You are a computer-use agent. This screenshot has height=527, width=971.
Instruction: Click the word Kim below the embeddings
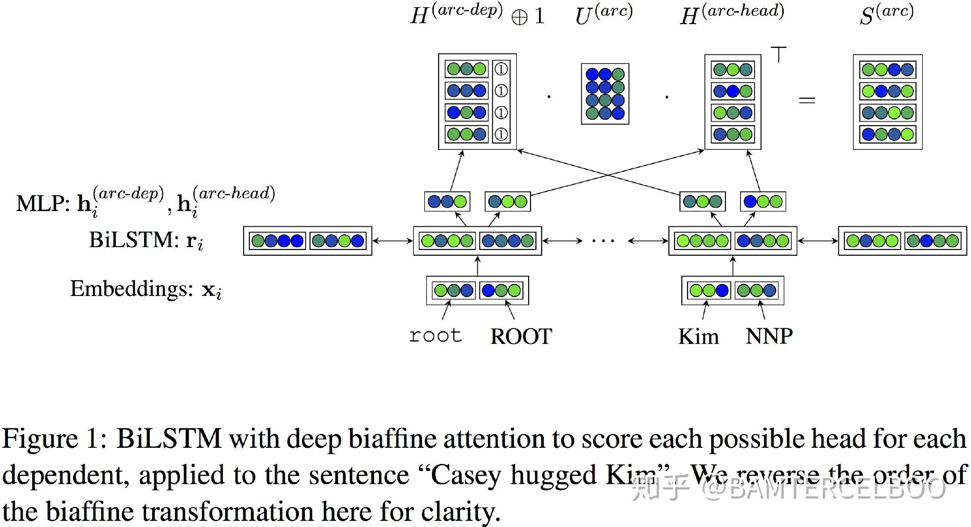(x=698, y=336)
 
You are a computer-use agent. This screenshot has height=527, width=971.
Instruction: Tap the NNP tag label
(x=769, y=336)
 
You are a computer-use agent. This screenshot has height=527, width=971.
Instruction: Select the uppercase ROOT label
(x=521, y=337)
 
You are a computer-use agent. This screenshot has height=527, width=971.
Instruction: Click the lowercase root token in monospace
(x=435, y=336)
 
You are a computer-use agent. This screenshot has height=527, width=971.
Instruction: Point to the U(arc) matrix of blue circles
(x=605, y=94)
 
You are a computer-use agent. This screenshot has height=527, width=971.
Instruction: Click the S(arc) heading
(x=886, y=15)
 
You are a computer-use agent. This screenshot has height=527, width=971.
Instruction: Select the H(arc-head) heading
(x=732, y=15)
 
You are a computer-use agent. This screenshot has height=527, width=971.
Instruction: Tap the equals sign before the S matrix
(x=806, y=100)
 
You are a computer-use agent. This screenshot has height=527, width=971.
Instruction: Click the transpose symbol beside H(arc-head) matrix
(x=779, y=54)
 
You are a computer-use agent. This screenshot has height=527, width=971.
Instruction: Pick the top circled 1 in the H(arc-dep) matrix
(x=501, y=69)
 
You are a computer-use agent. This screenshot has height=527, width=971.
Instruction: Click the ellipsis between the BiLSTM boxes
(x=603, y=241)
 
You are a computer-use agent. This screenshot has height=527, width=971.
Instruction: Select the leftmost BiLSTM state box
(x=307, y=241)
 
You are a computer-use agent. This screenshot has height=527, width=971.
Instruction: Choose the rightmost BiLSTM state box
(x=902, y=241)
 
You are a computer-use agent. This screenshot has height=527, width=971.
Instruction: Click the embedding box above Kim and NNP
(x=733, y=290)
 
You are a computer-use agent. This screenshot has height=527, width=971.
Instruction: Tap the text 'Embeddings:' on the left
(x=131, y=288)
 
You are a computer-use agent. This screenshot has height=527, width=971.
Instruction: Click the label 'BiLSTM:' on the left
(x=133, y=240)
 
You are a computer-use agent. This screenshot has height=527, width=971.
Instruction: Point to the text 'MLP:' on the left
(x=43, y=204)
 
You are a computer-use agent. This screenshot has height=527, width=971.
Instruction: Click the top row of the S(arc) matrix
(x=887, y=70)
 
